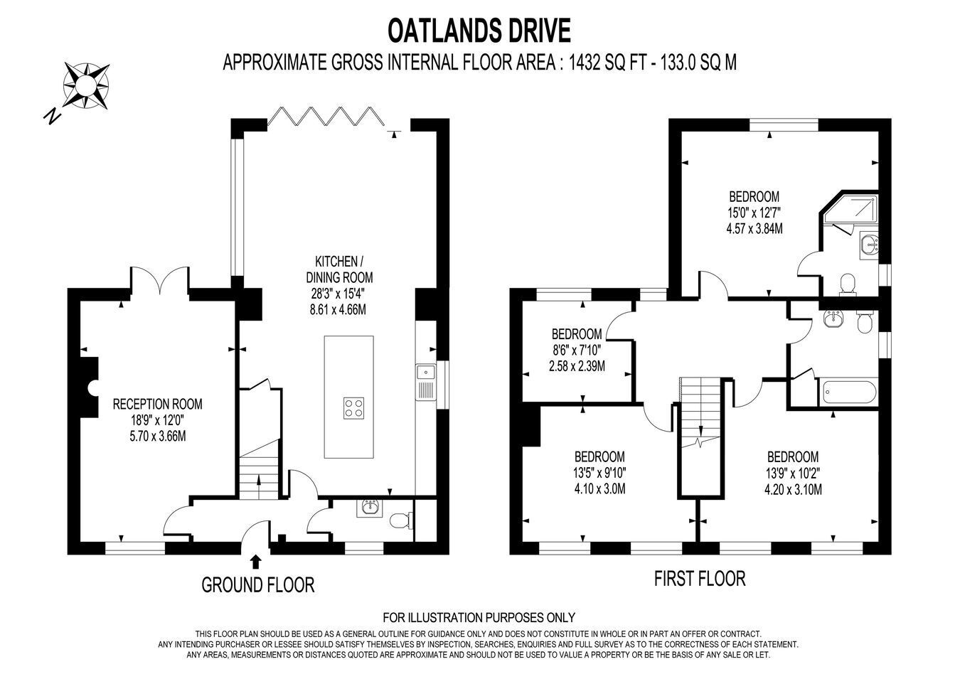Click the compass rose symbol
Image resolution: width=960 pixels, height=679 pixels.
coord(86,85)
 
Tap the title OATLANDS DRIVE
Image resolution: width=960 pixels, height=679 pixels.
coord(479,31)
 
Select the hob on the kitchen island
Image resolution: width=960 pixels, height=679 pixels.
coord(353,408)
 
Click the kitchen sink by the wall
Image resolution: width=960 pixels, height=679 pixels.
coord(425,383)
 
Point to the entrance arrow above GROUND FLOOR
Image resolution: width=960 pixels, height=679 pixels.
coord(255,562)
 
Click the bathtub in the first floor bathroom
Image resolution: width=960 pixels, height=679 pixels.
coord(848,392)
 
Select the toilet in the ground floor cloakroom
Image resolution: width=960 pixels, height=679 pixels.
coord(402,521)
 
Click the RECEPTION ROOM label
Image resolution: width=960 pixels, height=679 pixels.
coord(157,404)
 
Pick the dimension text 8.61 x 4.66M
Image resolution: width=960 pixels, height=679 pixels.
coord(338,309)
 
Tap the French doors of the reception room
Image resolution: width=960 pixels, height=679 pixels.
coord(159,279)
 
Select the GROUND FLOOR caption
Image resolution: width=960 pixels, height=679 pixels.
coord(258,585)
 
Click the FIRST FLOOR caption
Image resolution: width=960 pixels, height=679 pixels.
coord(700,578)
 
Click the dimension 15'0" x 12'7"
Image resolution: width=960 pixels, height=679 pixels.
coord(754,213)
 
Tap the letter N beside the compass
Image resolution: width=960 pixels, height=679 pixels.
coord(53,115)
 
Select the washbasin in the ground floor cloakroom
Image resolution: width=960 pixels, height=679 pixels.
coord(368,508)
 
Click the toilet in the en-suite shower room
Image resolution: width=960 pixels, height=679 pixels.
coord(847,284)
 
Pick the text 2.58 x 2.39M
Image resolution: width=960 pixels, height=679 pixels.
coord(577,366)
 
